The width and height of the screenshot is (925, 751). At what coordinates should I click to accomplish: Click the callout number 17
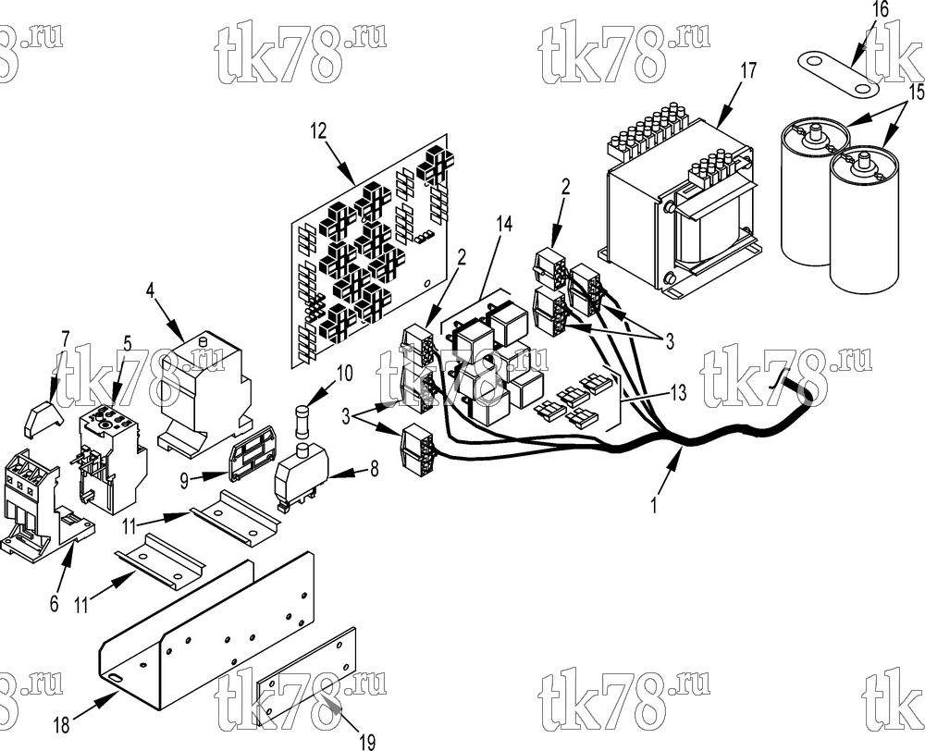click(x=747, y=71)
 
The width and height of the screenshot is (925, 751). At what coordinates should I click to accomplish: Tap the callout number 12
click(x=318, y=131)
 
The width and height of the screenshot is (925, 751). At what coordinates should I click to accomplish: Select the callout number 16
click(x=881, y=10)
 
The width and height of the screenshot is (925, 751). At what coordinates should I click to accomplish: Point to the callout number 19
click(x=367, y=742)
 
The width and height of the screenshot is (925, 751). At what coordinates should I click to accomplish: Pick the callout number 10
click(x=344, y=373)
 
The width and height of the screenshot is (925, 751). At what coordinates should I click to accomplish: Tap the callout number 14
click(x=504, y=224)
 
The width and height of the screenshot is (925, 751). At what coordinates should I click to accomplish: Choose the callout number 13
click(x=679, y=392)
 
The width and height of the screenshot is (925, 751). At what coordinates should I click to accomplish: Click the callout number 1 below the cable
click(x=654, y=506)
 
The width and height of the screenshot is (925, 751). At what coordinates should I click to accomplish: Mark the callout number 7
click(x=66, y=339)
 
